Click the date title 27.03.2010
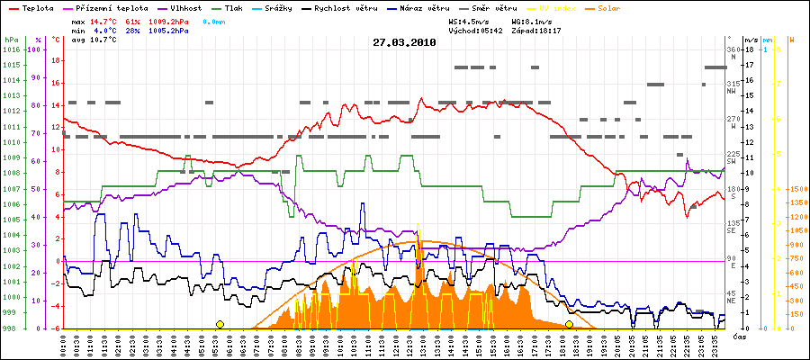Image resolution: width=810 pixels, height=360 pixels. (x=404, y=41)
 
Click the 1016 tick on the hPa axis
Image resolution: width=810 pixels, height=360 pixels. (x=11, y=49)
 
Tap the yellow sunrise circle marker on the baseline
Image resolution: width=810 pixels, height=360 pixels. (x=220, y=324)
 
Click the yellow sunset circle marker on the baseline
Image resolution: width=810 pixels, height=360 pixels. (x=569, y=324)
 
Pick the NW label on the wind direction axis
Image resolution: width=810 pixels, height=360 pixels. (x=732, y=90)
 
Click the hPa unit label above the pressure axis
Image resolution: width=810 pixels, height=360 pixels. (x=11, y=40)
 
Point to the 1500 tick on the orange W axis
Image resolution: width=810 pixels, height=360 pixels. (x=797, y=189)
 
